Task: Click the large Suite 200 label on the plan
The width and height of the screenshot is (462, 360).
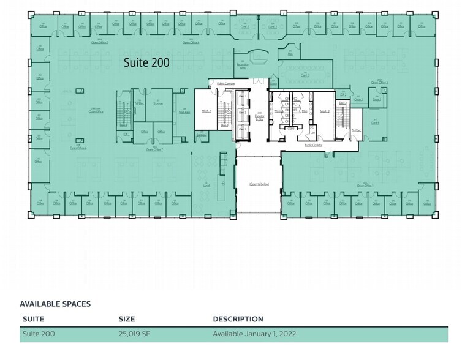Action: (146, 62)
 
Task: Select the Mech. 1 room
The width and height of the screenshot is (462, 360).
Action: (206, 111)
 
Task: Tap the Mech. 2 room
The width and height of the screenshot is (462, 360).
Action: (324, 111)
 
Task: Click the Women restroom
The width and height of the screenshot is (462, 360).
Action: (279, 111)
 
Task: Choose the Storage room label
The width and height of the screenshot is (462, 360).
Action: (157, 103)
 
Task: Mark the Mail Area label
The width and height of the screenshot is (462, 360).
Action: (183, 112)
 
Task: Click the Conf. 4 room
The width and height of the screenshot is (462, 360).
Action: (376, 122)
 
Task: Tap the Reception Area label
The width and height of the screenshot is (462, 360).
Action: (242, 65)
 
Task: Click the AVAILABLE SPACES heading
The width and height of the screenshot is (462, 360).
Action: (55, 304)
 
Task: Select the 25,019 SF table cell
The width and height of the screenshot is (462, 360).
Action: (135, 334)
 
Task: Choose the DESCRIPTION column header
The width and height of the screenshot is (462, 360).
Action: (238, 319)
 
